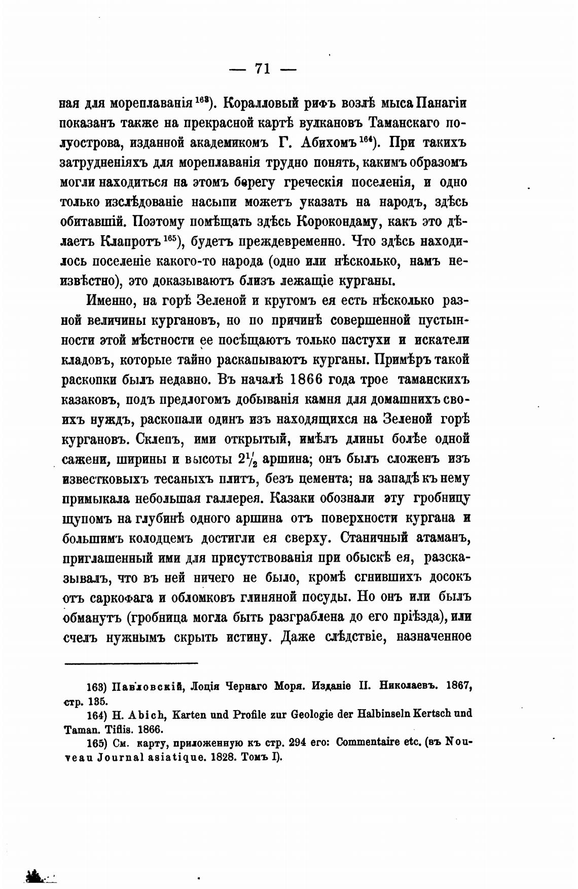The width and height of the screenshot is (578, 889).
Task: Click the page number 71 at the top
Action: pyautogui.click(x=263, y=68)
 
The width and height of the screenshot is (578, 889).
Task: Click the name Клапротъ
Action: pyautogui.click(x=131, y=241)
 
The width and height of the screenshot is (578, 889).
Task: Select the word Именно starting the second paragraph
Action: pyautogui.click(x=111, y=301)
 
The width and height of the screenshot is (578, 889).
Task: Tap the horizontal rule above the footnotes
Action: pyautogui.click(x=130, y=663)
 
